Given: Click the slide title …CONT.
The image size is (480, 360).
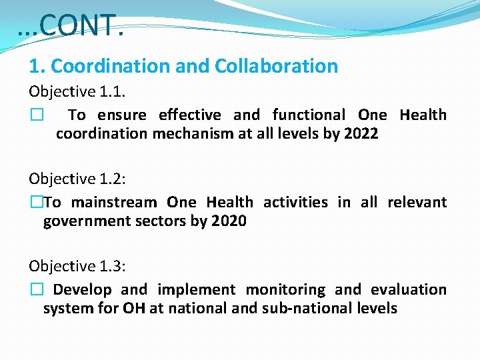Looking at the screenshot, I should pyautogui.click(x=71, y=26).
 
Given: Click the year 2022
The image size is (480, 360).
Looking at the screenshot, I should pyautogui.click(x=361, y=133).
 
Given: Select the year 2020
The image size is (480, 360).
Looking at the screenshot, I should pyautogui.click(x=229, y=221).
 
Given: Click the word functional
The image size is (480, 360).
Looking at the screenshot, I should pyautogui.click(x=308, y=115).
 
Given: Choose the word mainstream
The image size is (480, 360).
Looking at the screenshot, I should pyautogui.click(x=114, y=202).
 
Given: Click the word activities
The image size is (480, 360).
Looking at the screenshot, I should pyautogui.click(x=295, y=202).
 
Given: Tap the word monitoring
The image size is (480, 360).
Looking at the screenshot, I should pyautogui.click(x=285, y=289).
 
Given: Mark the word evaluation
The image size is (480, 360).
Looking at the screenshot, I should pyautogui.click(x=409, y=289).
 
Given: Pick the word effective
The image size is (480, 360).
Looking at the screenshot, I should pyautogui.click(x=189, y=115).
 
